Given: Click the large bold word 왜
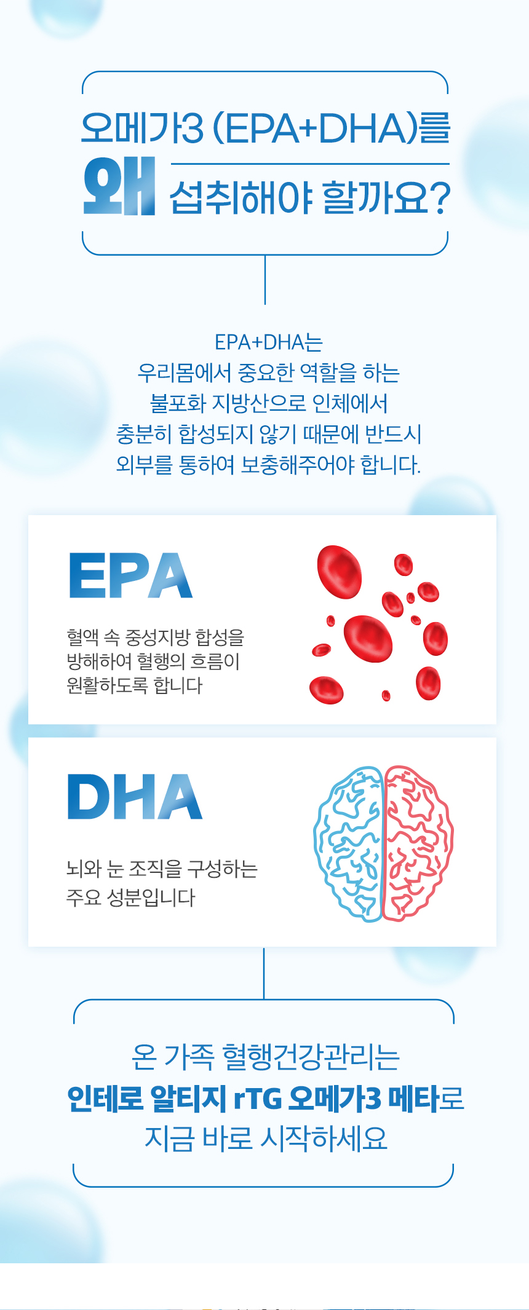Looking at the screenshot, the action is pyautogui.click(x=119, y=187).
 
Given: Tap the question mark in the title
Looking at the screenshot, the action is pyautogui.click(x=438, y=198).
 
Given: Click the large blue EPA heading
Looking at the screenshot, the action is pyautogui.click(x=130, y=575).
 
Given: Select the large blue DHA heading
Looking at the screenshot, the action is pyautogui.click(x=135, y=797).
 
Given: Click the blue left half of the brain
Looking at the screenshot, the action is pyautogui.click(x=349, y=843).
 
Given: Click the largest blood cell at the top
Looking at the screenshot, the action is pyautogui.click(x=339, y=572).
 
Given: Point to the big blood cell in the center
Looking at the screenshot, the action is pyautogui.click(x=368, y=639).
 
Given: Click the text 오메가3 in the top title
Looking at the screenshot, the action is pyautogui.click(x=142, y=128).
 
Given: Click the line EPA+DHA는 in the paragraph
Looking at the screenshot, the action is pyautogui.click(x=268, y=342).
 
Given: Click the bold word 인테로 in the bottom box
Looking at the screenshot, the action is pyautogui.click(x=105, y=1099).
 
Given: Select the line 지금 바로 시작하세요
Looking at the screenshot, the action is pyautogui.click(x=266, y=1138).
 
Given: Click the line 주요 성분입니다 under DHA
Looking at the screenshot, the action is pyautogui.click(x=130, y=898).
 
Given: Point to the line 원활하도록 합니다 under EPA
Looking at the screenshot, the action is pyautogui.click(x=135, y=685).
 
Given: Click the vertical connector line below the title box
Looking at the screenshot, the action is pyautogui.click(x=265, y=280).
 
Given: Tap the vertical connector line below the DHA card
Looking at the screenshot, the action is pyautogui.click(x=264, y=973).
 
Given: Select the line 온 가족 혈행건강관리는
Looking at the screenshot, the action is pyautogui.click(x=266, y=1057).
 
